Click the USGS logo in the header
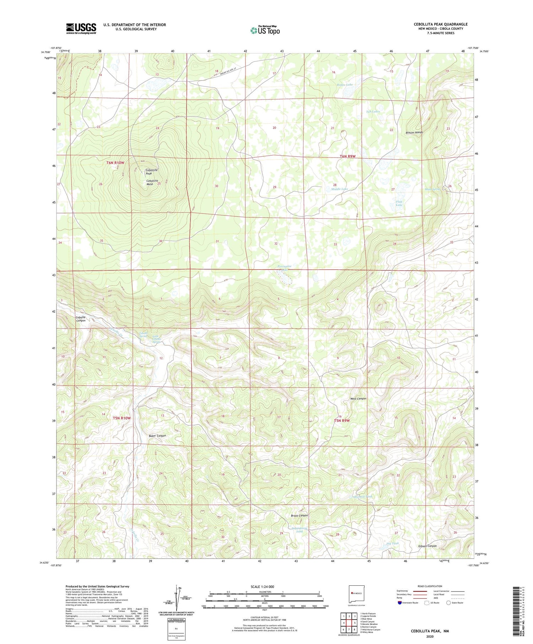81,28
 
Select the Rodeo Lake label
345,85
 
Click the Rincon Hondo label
414,132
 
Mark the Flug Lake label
399,204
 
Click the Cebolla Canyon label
81,319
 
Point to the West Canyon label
358,399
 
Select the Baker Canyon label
157,435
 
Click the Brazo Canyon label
299,515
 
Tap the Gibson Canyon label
427,546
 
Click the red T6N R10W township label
115,163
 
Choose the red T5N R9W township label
342,421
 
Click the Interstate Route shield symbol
400,603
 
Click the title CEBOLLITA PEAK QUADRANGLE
441,24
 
